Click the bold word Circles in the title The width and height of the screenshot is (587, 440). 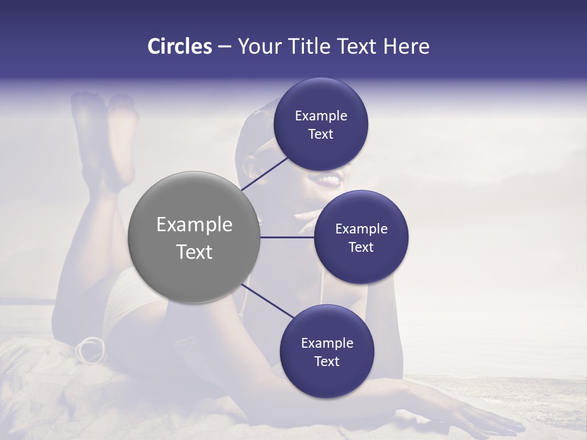coord(180,46)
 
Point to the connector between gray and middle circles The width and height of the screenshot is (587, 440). coord(287,237)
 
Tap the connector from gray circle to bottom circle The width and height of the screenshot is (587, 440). coord(267,301)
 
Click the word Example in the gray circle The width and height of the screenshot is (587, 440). coord(194,225)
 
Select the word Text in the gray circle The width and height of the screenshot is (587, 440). coord(194,252)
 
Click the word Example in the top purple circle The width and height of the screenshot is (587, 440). coord(321,116)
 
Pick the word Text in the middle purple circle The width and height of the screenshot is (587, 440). coord(361,248)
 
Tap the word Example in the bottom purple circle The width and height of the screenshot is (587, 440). coord(327,343)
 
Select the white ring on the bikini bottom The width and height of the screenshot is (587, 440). coord(90,350)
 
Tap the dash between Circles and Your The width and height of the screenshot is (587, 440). coord(224,47)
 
